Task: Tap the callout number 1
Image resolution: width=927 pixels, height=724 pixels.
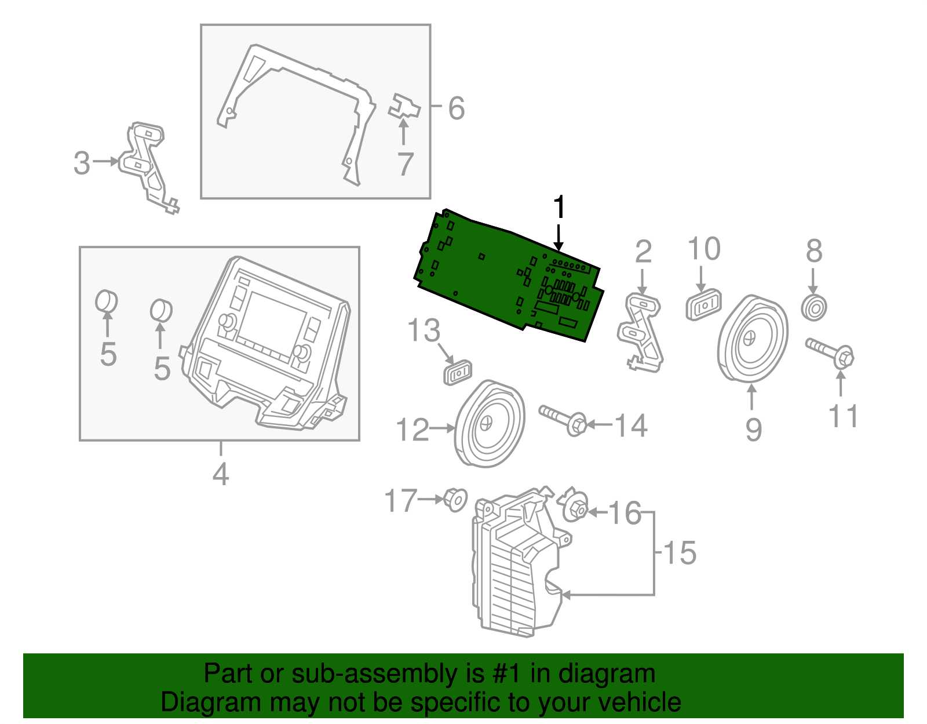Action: [x=559, y=208]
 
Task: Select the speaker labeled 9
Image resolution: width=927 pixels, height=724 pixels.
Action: [x=752, y=339]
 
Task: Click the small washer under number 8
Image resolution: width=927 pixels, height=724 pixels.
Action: [x=814, y=308]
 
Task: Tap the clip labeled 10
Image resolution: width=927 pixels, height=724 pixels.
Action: [x=703, y=304]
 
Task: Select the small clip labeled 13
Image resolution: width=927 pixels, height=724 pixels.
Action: [x=458, y=372]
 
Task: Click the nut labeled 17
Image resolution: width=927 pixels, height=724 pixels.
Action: [x=455, y=499]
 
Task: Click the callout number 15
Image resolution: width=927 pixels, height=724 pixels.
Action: [x=680, y=552]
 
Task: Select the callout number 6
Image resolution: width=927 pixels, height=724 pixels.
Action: [x=457, y=108]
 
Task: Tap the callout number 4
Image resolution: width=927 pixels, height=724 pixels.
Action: [x=221, y=474]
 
